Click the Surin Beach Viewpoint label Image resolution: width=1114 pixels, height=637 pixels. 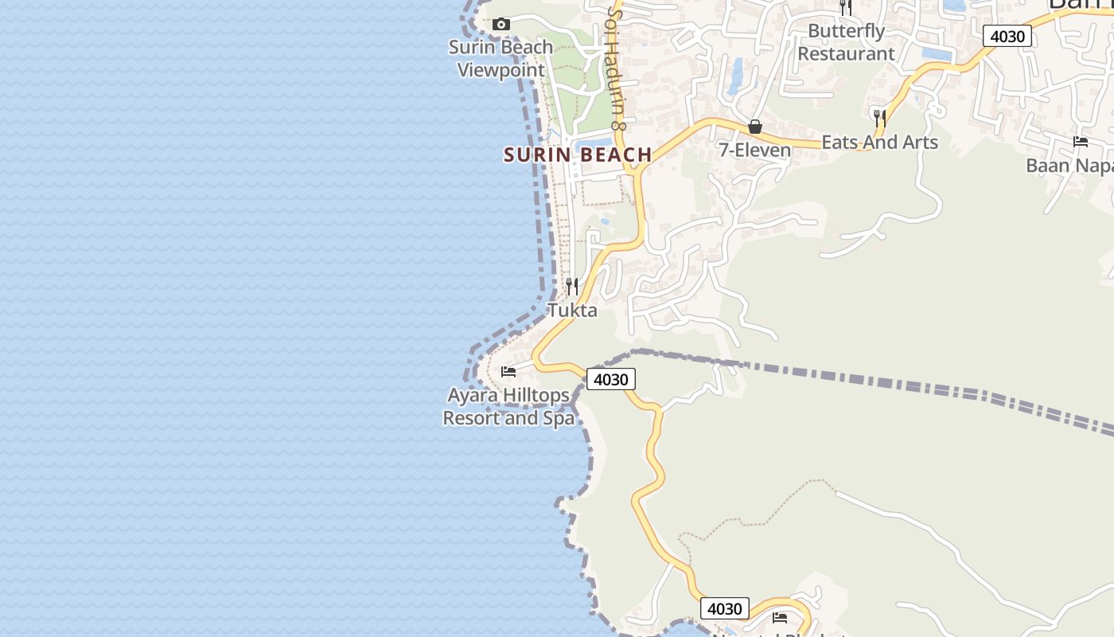(x=501, y=58)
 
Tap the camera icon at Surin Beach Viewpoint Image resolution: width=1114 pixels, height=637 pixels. (x=501, y=25)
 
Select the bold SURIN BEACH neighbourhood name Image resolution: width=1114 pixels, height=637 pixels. (x=578, y=154)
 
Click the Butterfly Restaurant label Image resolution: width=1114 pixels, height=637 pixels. (x=846, y=42)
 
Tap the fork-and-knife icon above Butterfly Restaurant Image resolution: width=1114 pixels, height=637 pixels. (x=846, y=7)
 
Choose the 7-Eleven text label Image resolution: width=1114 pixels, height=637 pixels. (x=755, y=150)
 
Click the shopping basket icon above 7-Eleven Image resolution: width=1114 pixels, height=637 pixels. (x=755, y=127)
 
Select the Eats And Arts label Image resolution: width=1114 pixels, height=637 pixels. (x=879, y=142)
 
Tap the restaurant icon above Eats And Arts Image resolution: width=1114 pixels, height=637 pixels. (x=879, y=119)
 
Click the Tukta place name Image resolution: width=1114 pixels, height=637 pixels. (x=572, y=310)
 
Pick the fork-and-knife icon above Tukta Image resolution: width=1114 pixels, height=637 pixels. (x=572, y=286)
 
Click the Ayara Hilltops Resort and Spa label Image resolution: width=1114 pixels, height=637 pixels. (x=508, y=406)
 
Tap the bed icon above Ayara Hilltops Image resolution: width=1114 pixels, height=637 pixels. (x=508, y=371)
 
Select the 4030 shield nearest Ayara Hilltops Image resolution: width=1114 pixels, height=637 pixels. (x=611, y=379)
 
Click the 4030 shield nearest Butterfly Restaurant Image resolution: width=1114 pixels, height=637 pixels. (x=1007, y=36)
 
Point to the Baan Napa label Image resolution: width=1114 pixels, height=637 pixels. (x=1069, y=166)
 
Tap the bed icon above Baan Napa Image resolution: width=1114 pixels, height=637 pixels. (x=1081, y=142)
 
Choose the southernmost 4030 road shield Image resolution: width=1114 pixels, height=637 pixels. (x=725, y=609)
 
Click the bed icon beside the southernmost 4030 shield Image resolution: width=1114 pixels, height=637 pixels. (x=780, y=617)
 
